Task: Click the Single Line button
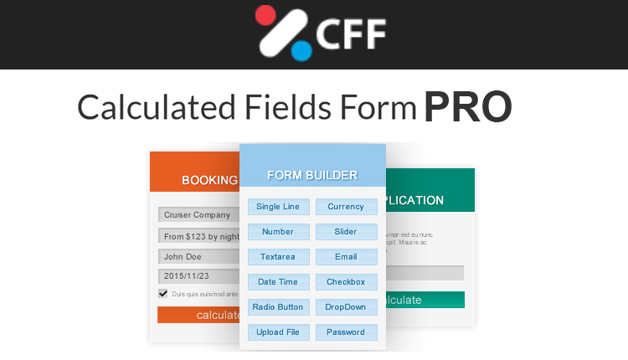279,207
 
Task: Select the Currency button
346,207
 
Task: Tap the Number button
279,232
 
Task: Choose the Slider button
346,232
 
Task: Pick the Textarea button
279,257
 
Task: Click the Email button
346,257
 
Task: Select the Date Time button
279,282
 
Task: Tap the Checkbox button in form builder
346,282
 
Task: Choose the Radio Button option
279,307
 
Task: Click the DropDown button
346,307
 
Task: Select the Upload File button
279,332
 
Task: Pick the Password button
346,332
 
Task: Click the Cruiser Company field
198,215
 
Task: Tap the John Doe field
198,257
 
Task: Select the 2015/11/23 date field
198,276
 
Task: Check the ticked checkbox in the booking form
163,294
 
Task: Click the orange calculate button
198,315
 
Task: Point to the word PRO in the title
467,108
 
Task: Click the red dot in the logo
265,15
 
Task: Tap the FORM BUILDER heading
312,176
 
